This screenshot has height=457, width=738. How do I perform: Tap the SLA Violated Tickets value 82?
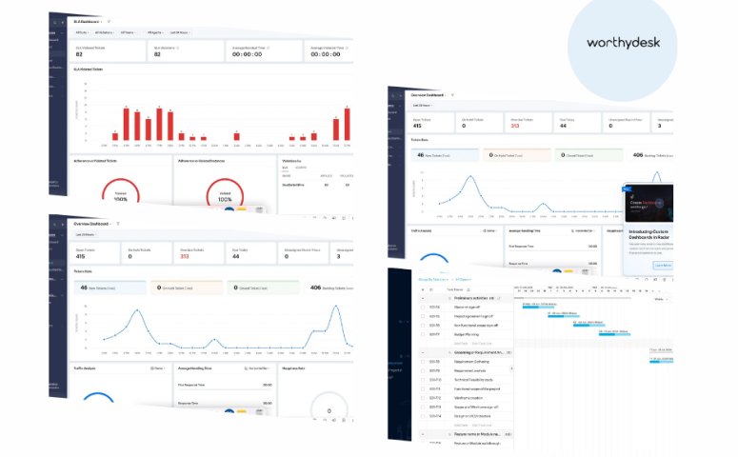coord(80,54)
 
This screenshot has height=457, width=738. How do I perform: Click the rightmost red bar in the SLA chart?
coord(347,123)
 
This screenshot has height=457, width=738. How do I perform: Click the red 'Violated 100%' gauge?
coord(120,196)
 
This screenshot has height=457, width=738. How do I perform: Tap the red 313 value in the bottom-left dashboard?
coord(184,255)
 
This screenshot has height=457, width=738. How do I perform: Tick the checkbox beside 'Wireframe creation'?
coord(422,399)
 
